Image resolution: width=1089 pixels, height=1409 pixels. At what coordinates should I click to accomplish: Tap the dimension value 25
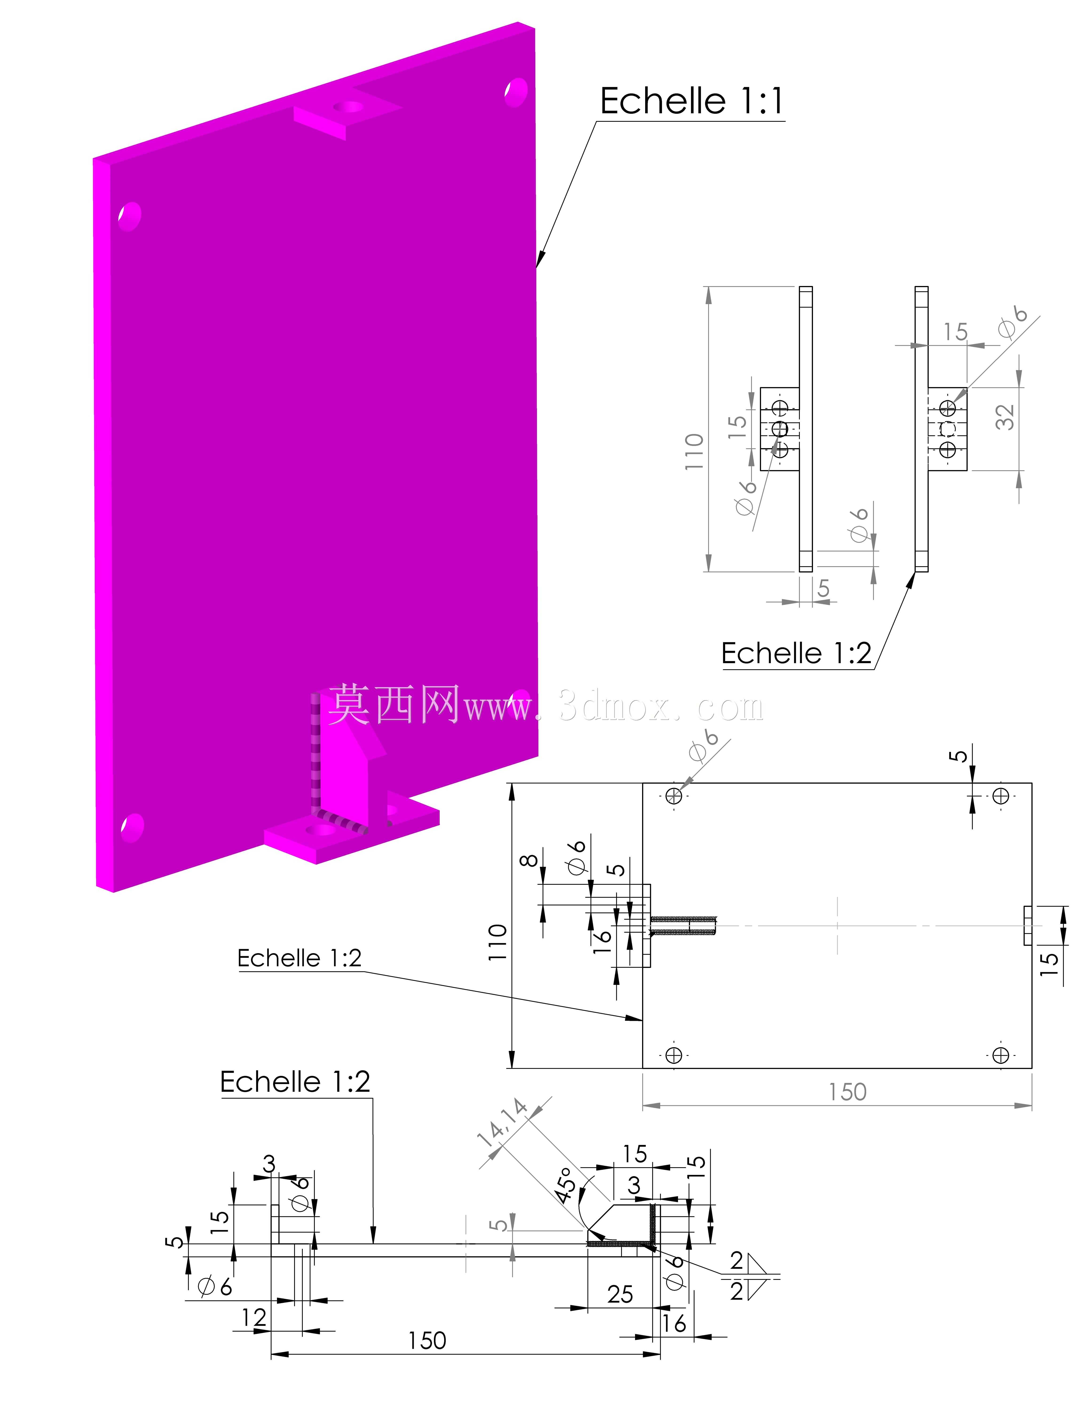tap(620, 1294)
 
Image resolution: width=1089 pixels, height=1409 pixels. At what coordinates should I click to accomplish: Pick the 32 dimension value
tap(1005, 417)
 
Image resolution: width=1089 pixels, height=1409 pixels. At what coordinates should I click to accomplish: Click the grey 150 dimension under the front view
tap(848, 1092)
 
